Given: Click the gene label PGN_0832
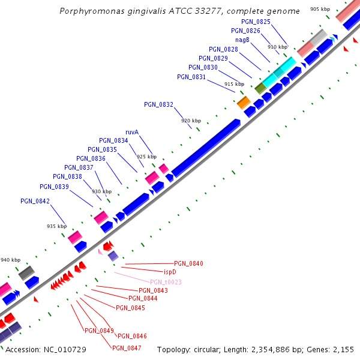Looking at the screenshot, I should pos(158,104).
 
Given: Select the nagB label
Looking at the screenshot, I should pos(242,40).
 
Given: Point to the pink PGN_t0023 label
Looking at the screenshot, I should pos(166,282).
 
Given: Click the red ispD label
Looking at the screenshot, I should pos(170,272).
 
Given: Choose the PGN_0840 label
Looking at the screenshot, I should pos(188,263).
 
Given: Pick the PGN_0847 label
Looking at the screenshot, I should pos(127,348).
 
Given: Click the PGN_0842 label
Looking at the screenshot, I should pos(35,201).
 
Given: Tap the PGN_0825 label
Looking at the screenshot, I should pos(256,22).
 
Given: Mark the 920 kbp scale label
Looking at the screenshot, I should pos(190,121).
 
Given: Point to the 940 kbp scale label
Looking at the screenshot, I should pos(10,260).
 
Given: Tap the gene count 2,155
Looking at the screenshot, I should pos(343,349).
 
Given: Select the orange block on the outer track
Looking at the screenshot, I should pos(244,103).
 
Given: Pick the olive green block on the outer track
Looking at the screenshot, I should pos(260,88).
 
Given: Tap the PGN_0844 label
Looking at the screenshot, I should pos(143,298).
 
